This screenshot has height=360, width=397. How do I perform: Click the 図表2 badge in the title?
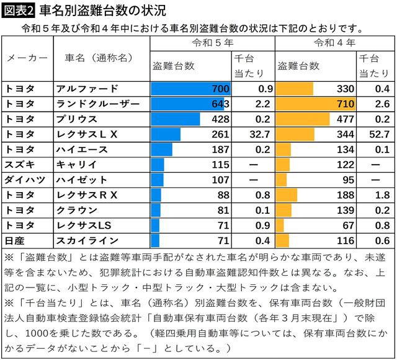click(20, 10)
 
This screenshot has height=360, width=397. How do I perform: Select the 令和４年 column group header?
click(335, 43)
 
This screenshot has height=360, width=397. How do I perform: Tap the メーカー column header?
click(27, 58)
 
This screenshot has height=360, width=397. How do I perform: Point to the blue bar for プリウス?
click(176, 119)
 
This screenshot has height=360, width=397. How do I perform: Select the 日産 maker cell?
click(16, 240)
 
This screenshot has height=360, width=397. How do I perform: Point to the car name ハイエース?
click(82, 149)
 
